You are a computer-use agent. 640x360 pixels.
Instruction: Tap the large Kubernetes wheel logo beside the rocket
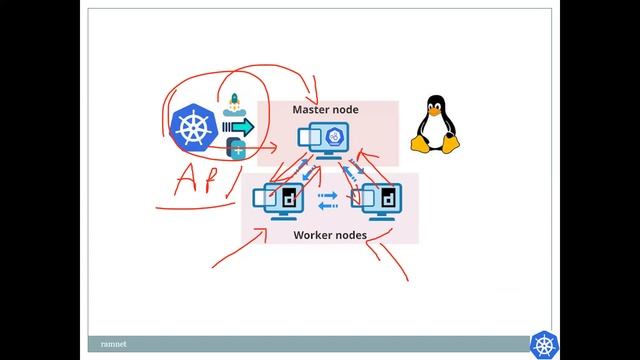tap(194, 128)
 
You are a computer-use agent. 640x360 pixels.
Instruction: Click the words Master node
tap(325, 109)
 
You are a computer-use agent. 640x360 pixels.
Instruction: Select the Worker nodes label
tap(329, 236)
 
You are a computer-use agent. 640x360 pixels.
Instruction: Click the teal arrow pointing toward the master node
tap(240, 127)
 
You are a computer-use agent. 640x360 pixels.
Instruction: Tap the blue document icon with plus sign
tap(238, 149)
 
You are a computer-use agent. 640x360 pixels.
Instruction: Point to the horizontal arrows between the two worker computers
tap(327, 201)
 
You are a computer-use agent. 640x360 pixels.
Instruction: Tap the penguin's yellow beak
tap(435, 111)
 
